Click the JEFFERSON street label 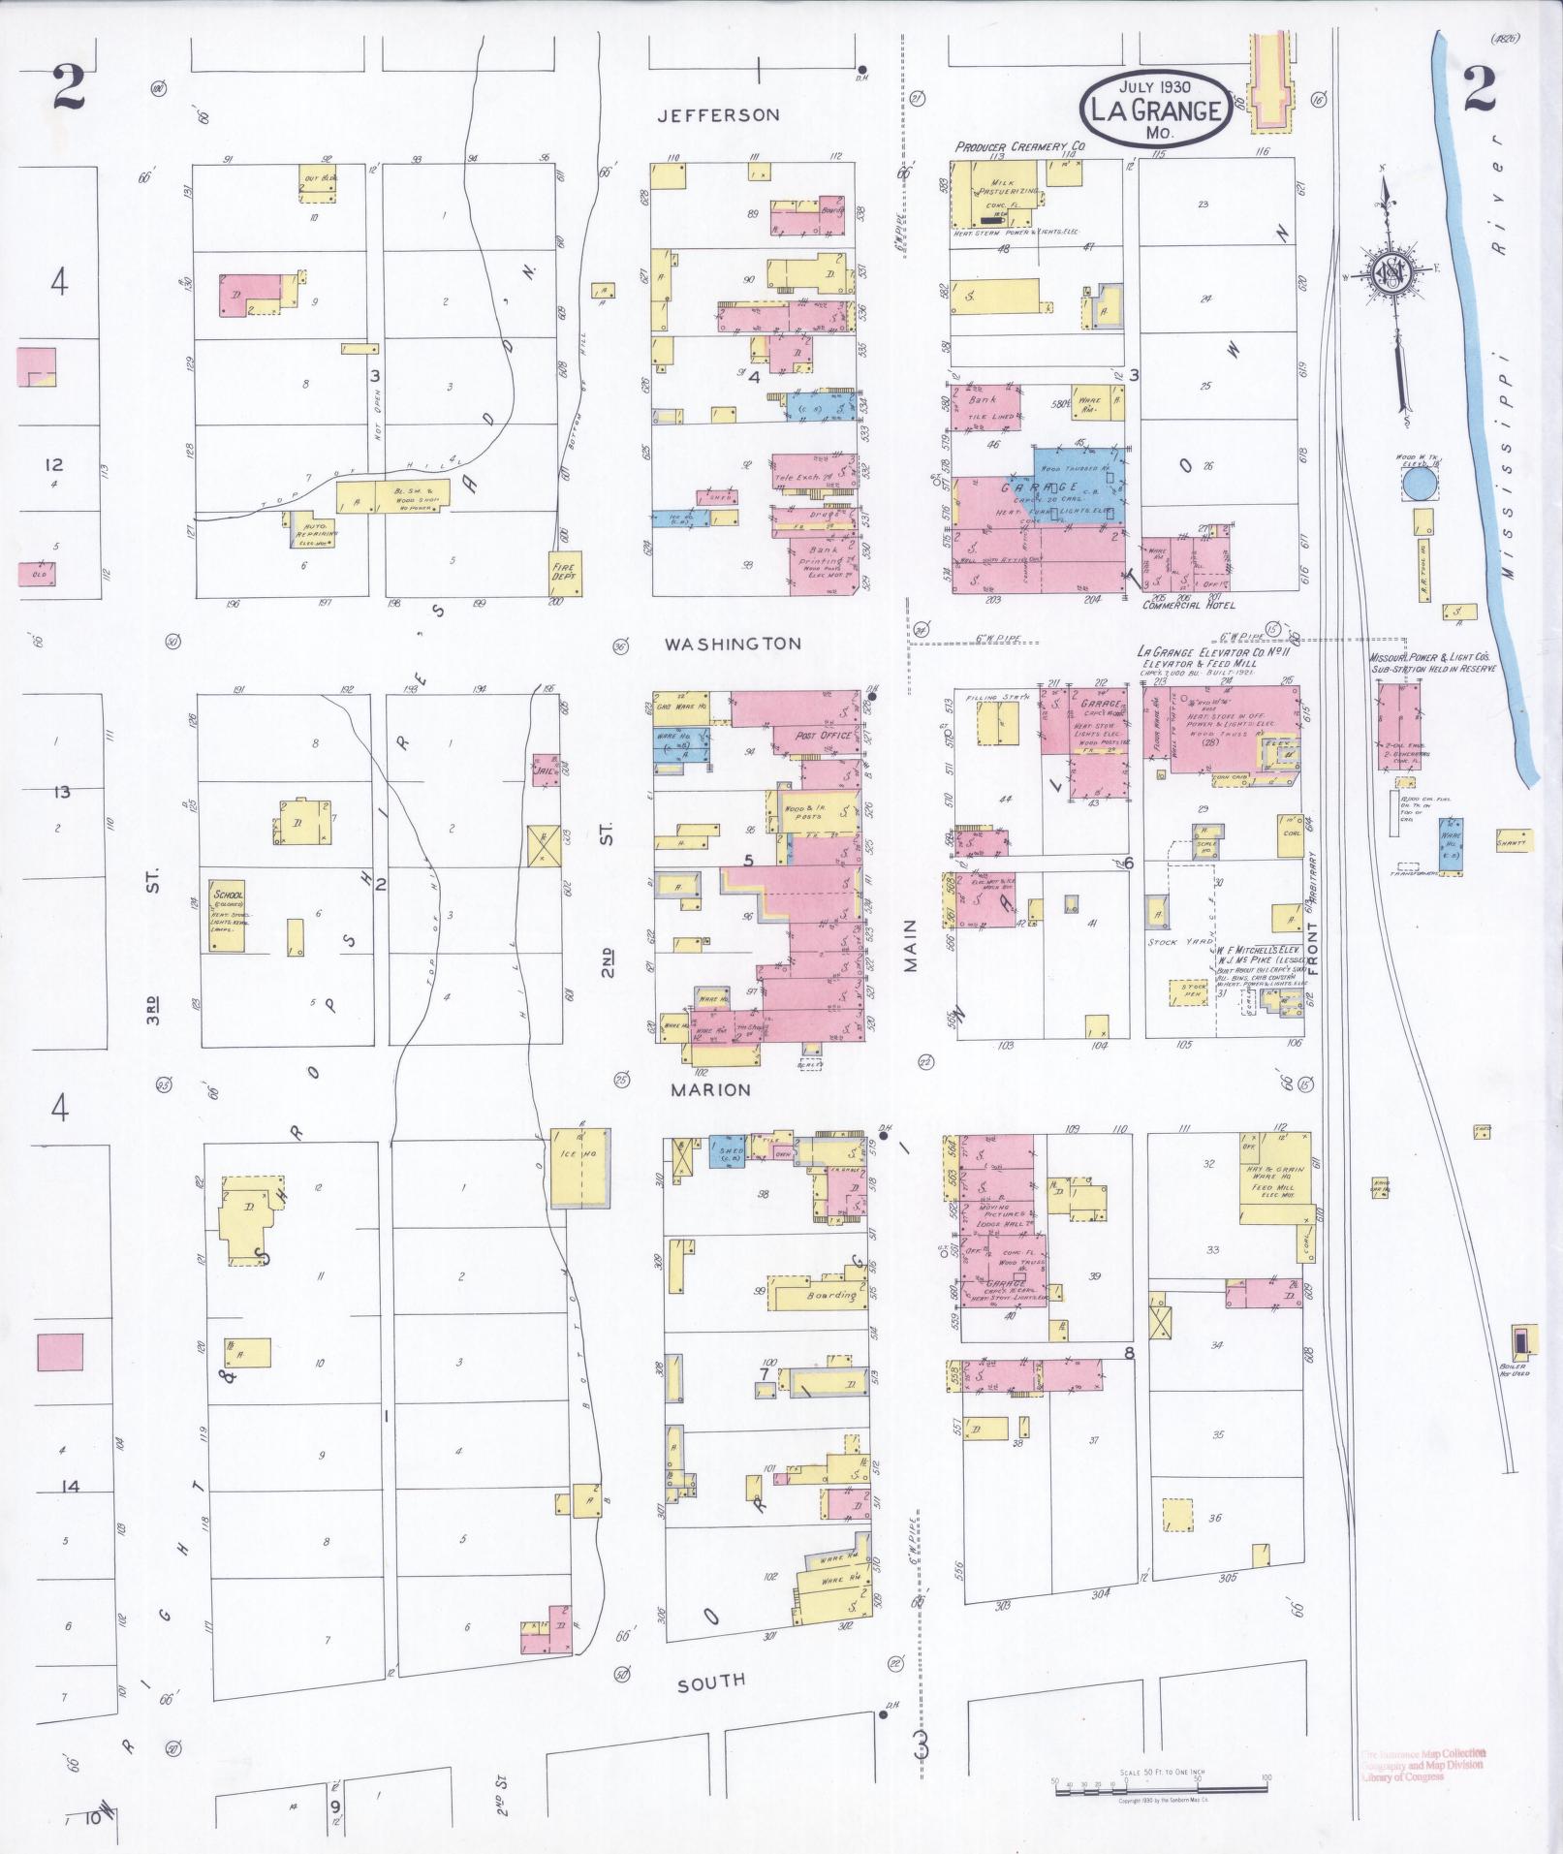point(717,115)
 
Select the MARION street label point(712,1089)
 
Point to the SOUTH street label point(711,1683)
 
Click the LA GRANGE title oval point(1155,110)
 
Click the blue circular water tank point(1421,485)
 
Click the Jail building point(545,770)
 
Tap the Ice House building point(579,1167)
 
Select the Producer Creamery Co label point(1019,146)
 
